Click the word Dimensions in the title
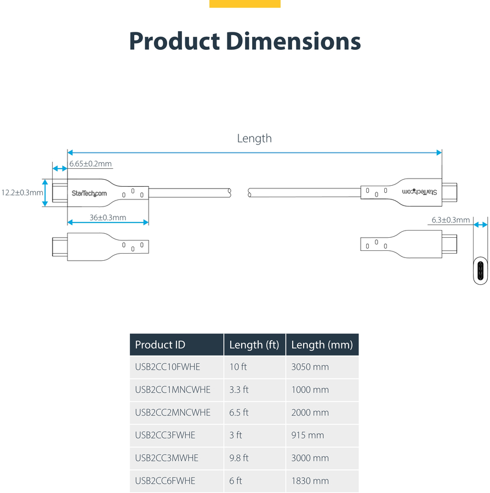293,41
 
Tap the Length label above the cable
254,139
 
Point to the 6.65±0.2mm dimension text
90,164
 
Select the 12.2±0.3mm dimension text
22,192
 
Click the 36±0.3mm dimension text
108,217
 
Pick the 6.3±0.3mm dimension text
451,220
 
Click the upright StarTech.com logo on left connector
89,193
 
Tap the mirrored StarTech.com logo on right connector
419,192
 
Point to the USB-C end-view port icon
481,271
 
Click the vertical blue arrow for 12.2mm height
45,193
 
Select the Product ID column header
160,345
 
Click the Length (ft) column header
254,345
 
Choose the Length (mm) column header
322,345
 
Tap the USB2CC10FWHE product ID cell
167,367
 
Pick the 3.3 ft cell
239,390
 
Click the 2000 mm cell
310,412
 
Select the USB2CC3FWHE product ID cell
165,435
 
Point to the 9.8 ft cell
239,458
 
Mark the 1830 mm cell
310,481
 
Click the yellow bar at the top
244,4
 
